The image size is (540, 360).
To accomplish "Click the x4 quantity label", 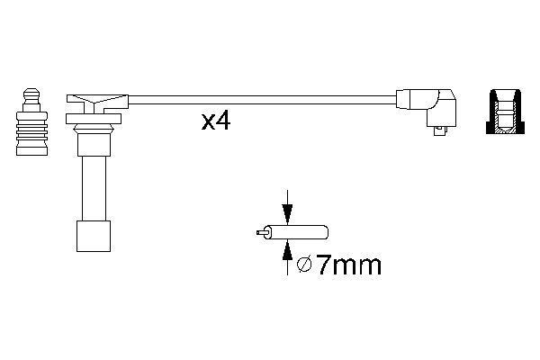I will (216, 121).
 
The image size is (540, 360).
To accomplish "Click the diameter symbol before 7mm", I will (303, 265).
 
